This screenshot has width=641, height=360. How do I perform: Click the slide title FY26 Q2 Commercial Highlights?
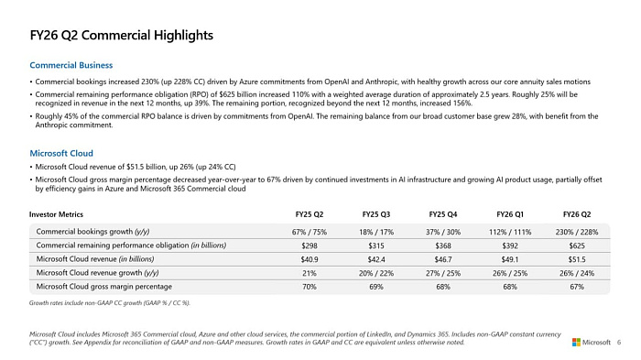(x=122, y=35)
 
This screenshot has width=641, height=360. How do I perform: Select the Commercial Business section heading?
(x=71, y=65)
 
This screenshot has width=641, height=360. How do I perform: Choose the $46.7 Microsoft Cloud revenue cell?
(x=443, y=259)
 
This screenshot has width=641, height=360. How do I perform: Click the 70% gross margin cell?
(x=309, y=287)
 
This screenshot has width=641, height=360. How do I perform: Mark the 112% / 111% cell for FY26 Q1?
(x=511, y=231)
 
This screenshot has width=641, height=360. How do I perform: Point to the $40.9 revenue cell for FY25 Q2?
(x=309, y=259)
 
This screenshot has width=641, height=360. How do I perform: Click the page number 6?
(x=620, y=342)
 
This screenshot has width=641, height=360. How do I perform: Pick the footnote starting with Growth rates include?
(x=109, y=302)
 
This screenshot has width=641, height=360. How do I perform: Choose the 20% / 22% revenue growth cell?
(x=375, y=273)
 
